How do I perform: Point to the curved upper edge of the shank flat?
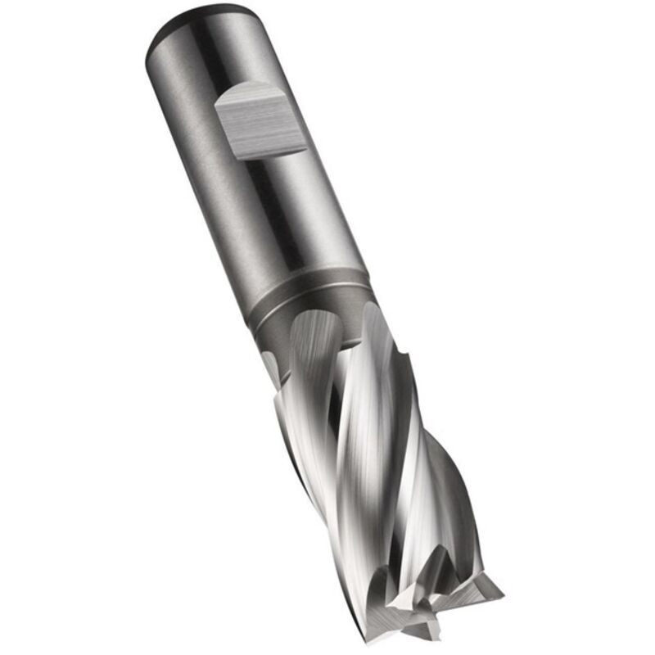tap(246, 93)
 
